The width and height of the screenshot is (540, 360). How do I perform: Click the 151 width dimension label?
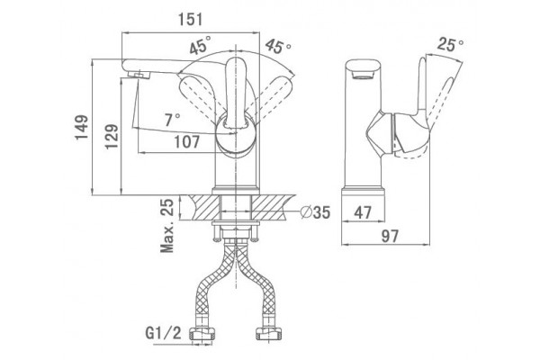click(x=191, y=19)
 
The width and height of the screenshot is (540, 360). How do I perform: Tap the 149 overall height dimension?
click(x=82, y=128)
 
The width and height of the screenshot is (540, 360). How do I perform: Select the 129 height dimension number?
click(x=112, y=137)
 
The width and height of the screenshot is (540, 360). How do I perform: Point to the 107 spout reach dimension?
click(x=186, y=141)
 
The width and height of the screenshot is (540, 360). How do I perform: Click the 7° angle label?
click(x=172, y=121)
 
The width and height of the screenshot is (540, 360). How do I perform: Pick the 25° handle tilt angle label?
click(x=450, y=44)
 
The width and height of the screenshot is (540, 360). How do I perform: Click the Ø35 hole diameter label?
click(x=315, y=212)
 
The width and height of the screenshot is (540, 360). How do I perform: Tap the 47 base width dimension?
click(x=363, y=212)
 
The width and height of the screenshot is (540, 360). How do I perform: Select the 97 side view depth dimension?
click(x=391, y=236)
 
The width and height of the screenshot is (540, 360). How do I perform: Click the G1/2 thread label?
click(x=163, y=334)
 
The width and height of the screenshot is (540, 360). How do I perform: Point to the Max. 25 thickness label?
click(x=167, y=226)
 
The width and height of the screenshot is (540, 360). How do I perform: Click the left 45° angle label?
click(x=200, y=46)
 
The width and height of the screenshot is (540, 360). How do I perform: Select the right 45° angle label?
click(x=278, y=47)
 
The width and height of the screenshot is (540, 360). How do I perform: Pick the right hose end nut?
click(x=269, y=335)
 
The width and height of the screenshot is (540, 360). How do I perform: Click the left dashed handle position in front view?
click(x=201, y=95)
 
